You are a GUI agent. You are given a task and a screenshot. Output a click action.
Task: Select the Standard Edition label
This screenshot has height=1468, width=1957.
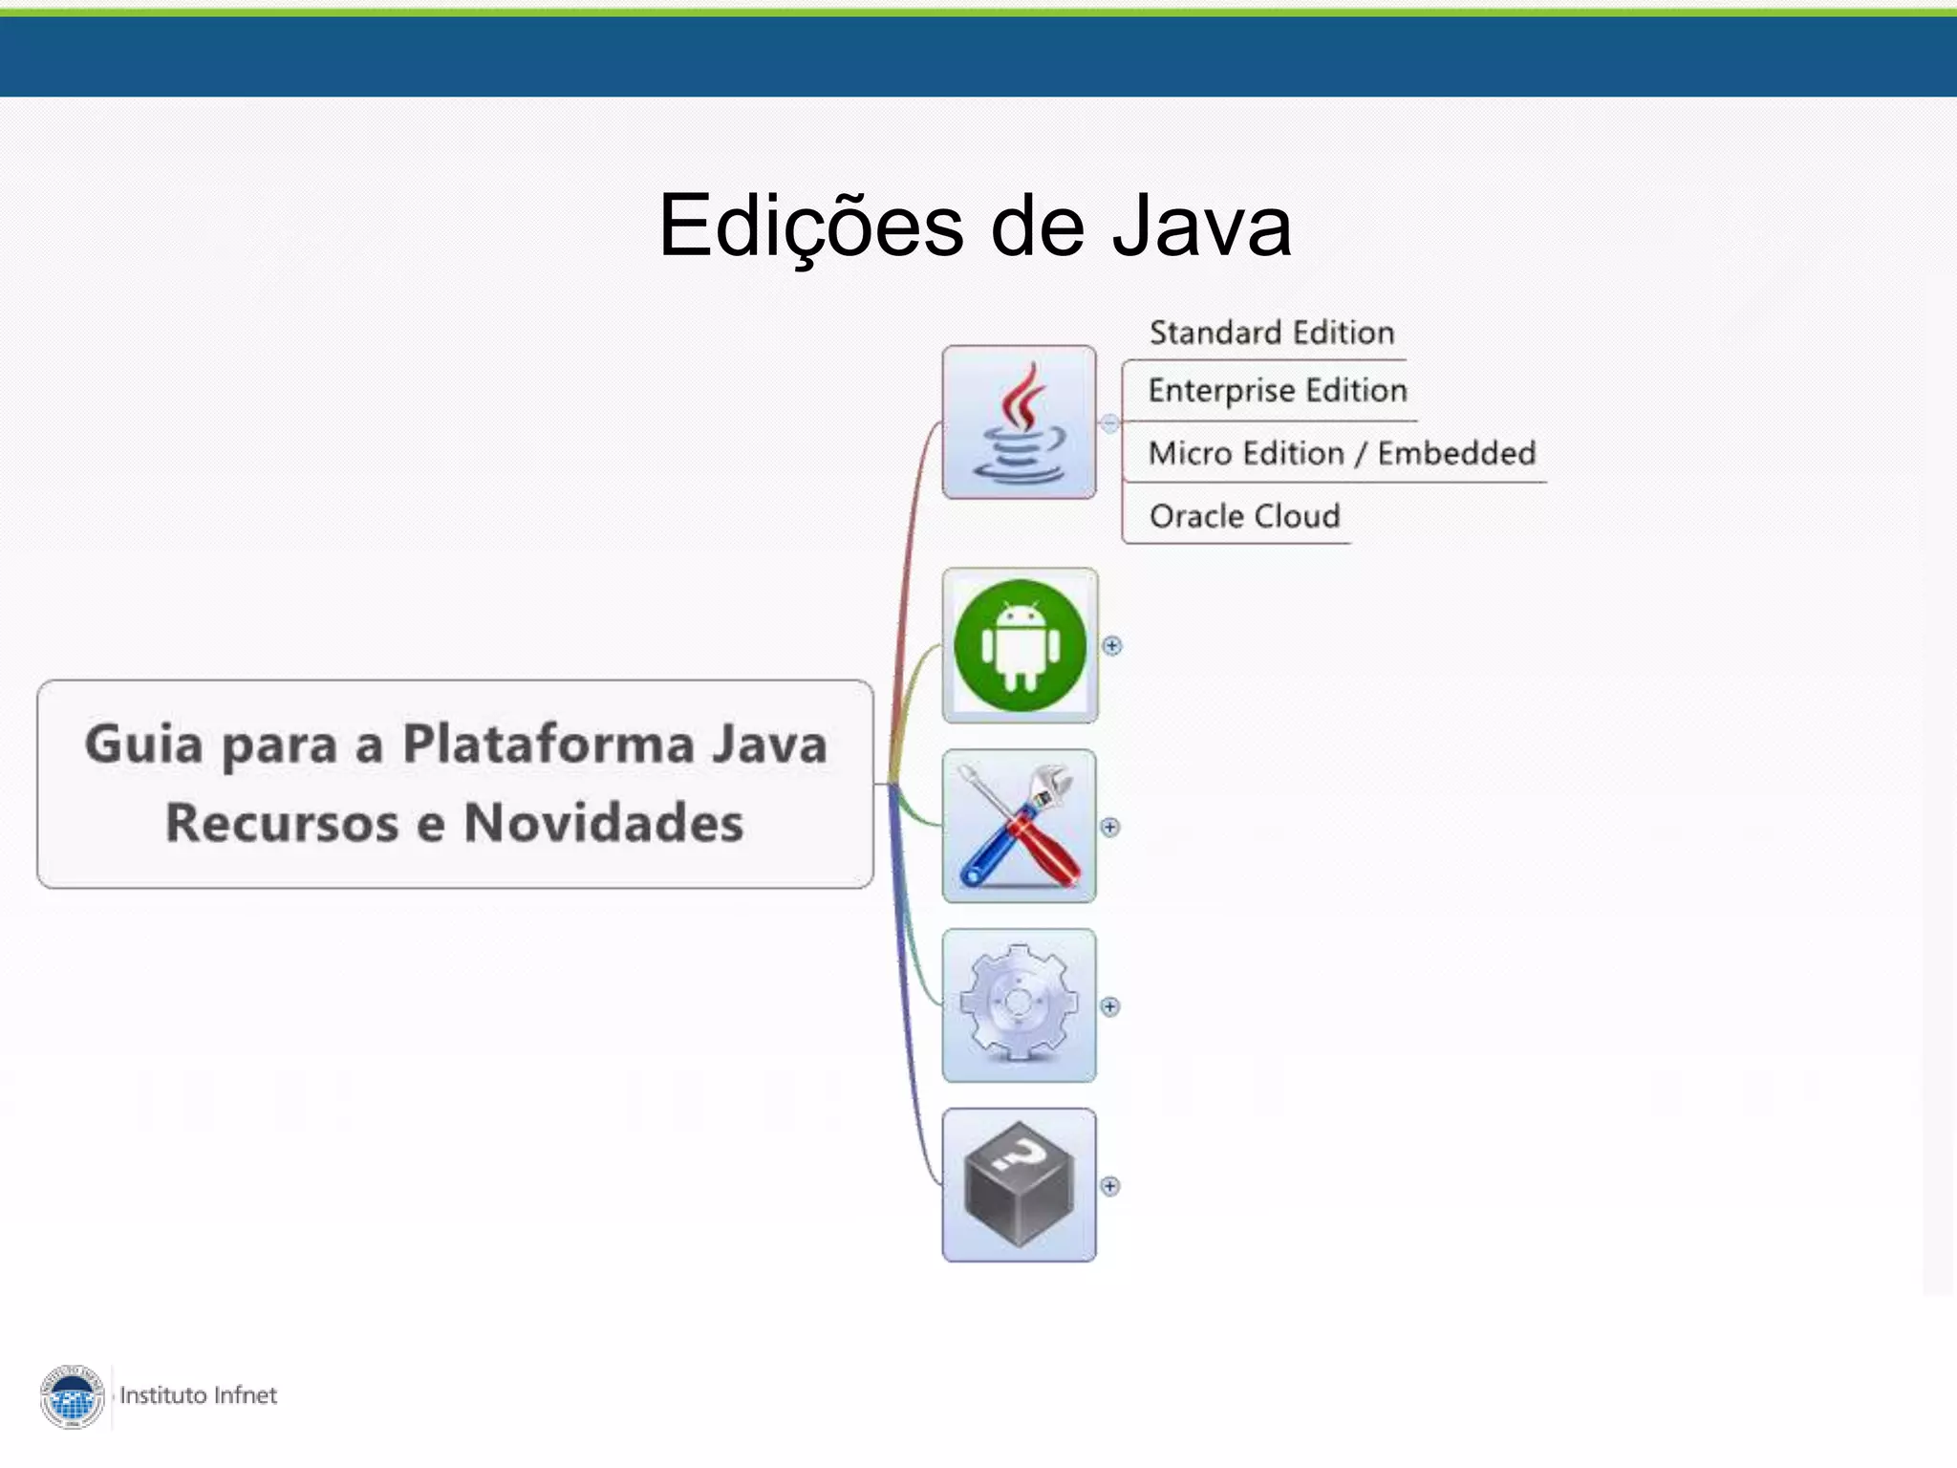1271,333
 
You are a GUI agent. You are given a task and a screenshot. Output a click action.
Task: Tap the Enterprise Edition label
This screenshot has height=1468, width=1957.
1277,391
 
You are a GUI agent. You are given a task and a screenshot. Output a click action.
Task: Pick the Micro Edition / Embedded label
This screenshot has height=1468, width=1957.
1342,453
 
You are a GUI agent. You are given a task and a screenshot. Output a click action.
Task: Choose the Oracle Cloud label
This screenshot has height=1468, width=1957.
1244,516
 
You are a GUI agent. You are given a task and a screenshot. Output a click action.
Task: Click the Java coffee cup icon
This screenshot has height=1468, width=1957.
1019,422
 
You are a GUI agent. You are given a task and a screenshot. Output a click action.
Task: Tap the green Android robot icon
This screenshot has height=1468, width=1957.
1020,645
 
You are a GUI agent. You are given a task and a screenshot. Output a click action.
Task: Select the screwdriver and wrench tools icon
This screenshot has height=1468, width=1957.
1019,826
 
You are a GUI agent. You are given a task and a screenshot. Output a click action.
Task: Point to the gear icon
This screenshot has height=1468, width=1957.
1019,1004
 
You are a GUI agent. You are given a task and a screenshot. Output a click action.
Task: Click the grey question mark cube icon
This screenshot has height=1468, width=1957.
1019,1184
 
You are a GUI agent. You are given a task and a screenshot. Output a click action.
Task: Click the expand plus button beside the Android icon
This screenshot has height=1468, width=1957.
1111,646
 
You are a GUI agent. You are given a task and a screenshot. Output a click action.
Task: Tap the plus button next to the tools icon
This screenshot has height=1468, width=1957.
1109,827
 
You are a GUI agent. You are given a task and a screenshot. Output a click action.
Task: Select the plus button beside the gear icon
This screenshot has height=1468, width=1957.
1109,1006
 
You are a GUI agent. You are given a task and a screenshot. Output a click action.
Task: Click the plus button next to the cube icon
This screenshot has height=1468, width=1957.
1109,1186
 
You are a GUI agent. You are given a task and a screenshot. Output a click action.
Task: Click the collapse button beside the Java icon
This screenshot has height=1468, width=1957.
1109,423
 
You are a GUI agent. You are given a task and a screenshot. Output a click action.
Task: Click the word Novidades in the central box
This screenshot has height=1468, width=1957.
603,823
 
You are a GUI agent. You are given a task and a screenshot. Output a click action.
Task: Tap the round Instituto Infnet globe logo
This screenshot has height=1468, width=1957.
73,1396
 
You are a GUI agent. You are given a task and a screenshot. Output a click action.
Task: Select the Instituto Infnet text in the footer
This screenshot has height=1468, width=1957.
198,1395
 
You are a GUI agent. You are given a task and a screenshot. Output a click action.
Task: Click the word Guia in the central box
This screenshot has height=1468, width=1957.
143,744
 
